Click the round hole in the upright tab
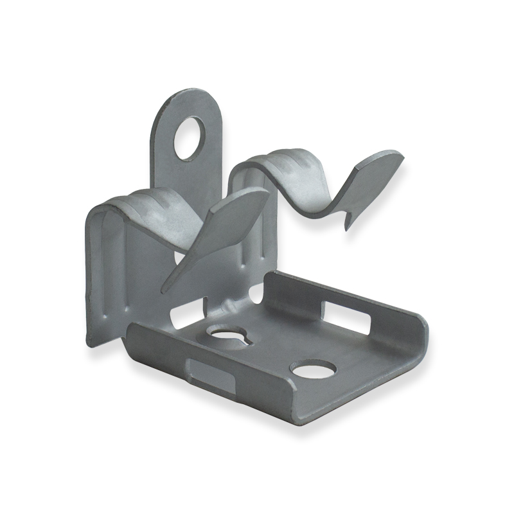point(190,137)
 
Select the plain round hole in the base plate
point(313,369)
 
